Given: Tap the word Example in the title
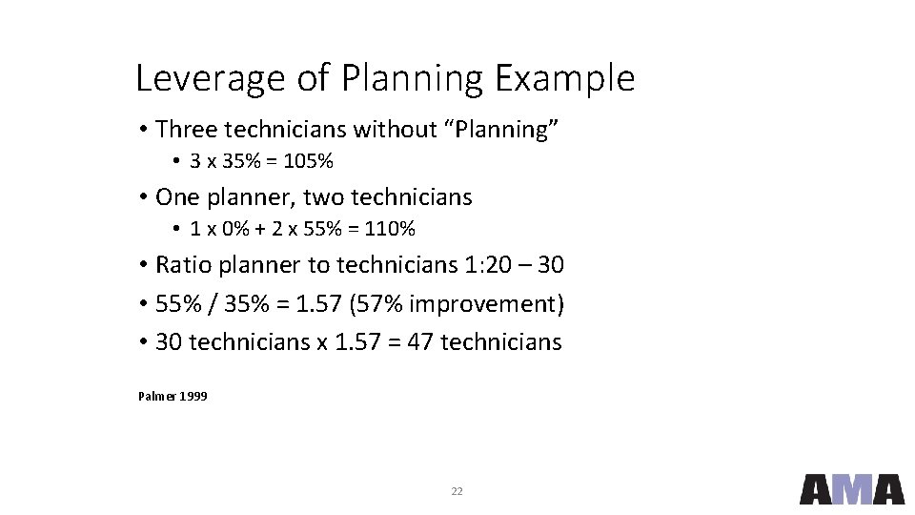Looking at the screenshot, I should click(x=564, y=78).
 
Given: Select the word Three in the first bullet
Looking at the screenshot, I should click(x=187, y=129).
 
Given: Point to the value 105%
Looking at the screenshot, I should click(x=309, y=162).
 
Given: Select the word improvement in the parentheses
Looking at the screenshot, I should click(x=481, y=304).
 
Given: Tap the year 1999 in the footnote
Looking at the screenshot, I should click(x=193, y=396).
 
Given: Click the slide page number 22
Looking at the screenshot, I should click(x=457, y=491).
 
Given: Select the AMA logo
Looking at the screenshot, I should click(x=851, y=488).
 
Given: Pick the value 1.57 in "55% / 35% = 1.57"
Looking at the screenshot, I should click(x=318, y=304).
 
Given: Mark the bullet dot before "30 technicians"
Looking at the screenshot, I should click(x=142, y=342).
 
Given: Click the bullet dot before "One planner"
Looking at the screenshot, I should click(x=142, y=198).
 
